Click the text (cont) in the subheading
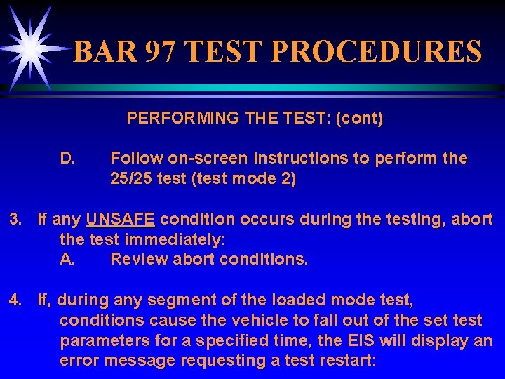coord(360,119)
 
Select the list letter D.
coord(68,159)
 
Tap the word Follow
coord(133,159)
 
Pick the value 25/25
coord(131,179)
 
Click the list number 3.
coord(15,220)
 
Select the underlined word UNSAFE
coord(120,220)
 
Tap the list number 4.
coord(15,301)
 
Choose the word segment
coord(197,301)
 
